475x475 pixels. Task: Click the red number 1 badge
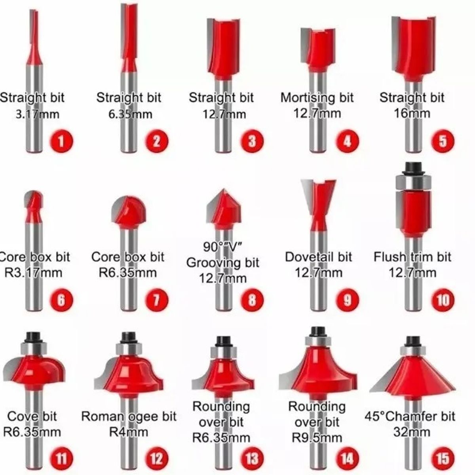click(x=61, y=141)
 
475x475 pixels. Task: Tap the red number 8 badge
click(x=252, y=300)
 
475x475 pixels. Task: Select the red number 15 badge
click(x=443, y=458)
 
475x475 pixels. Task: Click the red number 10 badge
click(x=443, y=300)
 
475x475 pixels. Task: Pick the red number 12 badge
click(x=156, y=458)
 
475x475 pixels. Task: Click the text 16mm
click(x=412, y=114)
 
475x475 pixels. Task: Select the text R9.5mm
click(x=317, y=437)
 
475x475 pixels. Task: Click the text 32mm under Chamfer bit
click(x=412, y=431)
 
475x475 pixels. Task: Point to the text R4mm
click(x=128, y=431)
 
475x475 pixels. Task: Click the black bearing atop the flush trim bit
click(x=413, y=168)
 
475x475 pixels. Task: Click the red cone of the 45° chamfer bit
click(x=414, y=374)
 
